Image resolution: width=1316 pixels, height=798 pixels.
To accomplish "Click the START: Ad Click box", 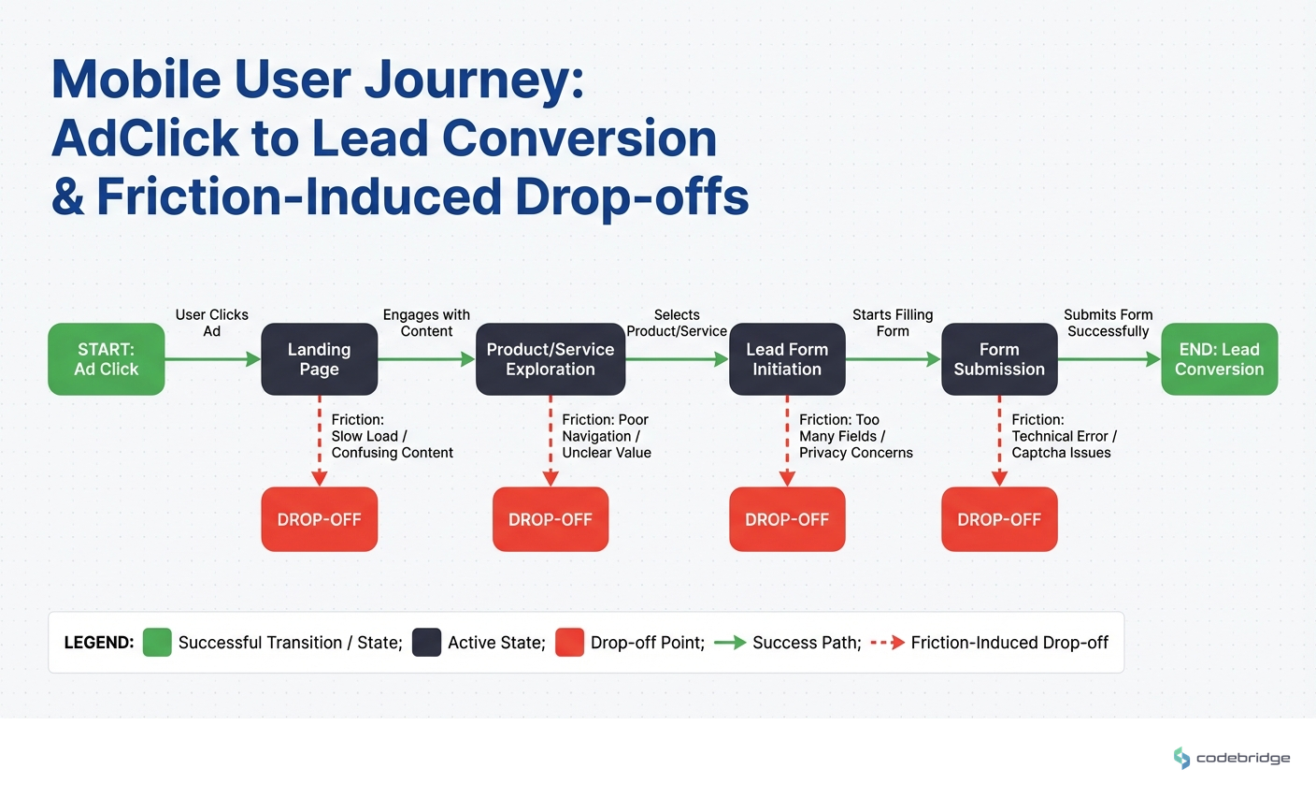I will tap(107, 359).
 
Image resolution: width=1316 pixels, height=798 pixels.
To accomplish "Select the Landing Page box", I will tap(319, 359).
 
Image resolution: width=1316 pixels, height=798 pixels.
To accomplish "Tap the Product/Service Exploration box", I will tap(551, 359).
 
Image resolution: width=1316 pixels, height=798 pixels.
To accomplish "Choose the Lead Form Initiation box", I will tap(787, 359).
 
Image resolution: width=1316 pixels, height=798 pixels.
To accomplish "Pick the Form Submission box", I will tap(999, 359).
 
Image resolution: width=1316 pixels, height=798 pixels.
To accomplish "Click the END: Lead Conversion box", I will tap(1219, 359).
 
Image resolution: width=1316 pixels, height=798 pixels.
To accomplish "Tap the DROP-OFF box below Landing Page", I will tap(319, 519).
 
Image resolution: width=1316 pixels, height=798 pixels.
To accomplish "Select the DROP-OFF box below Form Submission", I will tap(999, 519).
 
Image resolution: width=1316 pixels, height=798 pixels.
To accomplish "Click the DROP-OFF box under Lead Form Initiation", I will tap(787, 519).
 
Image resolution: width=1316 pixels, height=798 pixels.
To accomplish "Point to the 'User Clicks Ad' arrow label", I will tap(212, 323).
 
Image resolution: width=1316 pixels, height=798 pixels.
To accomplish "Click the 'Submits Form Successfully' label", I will tap(1109, 323).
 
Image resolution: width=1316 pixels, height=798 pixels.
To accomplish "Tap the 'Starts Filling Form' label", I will tap(893, 323).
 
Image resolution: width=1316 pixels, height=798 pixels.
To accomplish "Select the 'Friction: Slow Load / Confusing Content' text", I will tap(392, 436).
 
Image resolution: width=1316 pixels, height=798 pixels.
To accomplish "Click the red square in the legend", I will tap(569, 643).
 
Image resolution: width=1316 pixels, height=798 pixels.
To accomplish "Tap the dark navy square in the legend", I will tap(426, 643).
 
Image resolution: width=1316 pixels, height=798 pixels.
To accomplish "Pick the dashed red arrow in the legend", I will tap(887, 643).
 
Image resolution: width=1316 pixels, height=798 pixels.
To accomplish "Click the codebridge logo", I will tap(1232, 758).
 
